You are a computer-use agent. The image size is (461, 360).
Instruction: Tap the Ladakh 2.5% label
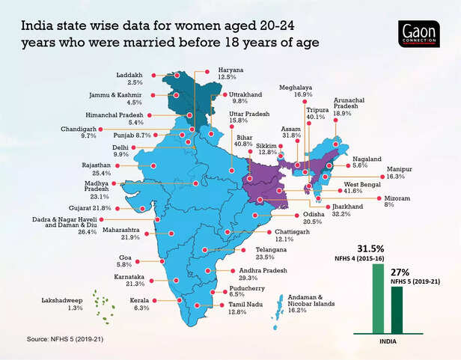point(132,79)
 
